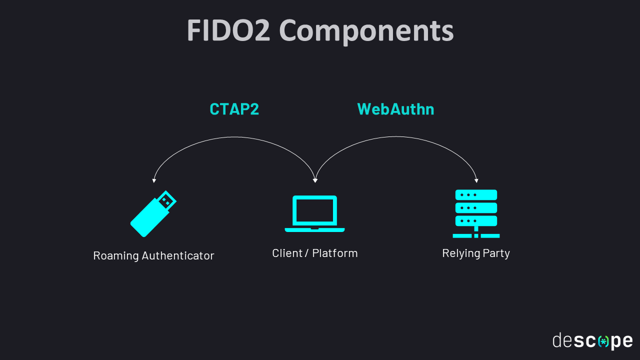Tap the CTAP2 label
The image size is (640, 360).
[234, 109]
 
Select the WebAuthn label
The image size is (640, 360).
[395, 109]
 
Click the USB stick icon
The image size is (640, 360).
[152, 214]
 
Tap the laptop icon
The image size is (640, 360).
[314, 213]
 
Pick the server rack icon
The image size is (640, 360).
[476, 213]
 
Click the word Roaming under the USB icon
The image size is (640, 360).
[115, 255]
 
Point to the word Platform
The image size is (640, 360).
[334, 253]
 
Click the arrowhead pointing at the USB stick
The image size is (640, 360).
[154, 180]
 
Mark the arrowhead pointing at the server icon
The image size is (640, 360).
[477, 180]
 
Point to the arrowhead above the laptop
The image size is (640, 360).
[315, 180]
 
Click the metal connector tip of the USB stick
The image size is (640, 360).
[167, 200]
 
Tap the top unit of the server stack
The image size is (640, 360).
[476, 194]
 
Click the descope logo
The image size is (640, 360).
[592, 341]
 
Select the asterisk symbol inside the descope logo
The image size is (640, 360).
[604, 341]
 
